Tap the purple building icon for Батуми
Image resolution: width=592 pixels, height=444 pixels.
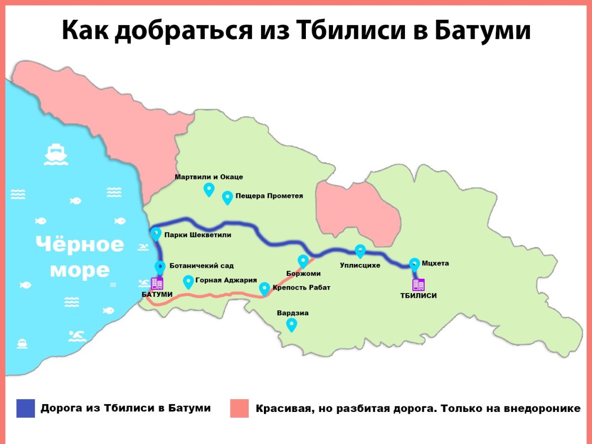click(157, 284)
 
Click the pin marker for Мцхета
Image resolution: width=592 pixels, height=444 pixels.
click(414, 264)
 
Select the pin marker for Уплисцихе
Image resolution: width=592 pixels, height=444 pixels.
click(360, 251)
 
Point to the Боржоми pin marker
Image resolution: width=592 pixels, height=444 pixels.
click(303, 261)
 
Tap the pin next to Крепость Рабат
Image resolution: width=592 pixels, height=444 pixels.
click(264, 288)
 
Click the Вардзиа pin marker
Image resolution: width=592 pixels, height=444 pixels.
click(292, 324)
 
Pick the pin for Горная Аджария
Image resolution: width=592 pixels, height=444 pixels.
click(188, 282)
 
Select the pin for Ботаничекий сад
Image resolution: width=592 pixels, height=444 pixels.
click(160, 267)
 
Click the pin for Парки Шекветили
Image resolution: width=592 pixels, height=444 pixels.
click(156, 233)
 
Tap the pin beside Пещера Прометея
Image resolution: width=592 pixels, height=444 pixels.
click(227, 197)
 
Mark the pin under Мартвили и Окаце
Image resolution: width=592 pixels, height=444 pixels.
click(209, 189)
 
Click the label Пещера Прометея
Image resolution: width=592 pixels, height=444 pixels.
click(269, 196)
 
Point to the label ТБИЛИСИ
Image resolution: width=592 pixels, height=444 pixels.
click(418, 296)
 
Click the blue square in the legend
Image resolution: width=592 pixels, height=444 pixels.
click(26, 408)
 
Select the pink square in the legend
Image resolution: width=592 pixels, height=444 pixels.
click(239, 408)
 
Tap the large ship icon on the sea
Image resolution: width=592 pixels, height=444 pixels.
click(56, 154)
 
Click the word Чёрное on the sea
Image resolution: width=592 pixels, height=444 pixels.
click(80, 244)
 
